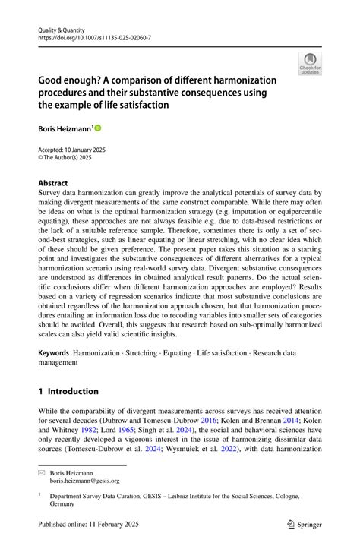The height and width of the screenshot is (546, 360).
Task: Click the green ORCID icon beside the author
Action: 97,128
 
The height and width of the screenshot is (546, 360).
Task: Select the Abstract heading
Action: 53,183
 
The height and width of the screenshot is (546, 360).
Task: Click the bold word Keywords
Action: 54,354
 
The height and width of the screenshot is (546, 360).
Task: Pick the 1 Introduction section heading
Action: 69,392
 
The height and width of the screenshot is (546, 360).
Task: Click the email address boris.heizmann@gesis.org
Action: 85,481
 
